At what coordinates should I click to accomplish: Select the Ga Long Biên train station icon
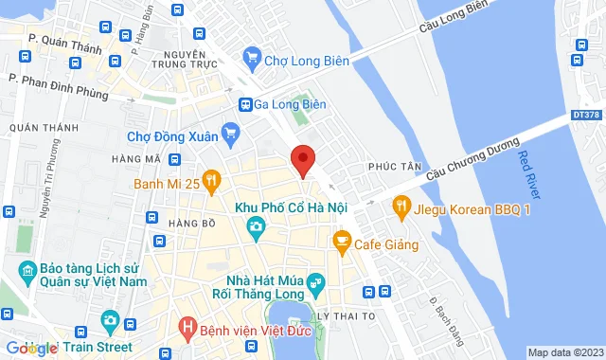pos(245,105)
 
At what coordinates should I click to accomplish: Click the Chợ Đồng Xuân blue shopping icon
pos(228,132)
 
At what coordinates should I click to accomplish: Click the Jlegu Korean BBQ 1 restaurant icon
pos(401,204)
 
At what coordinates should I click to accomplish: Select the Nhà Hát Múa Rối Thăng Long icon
pos(316,280)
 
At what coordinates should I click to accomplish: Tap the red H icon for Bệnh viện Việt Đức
pos(187,330)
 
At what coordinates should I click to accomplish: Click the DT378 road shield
pos(586,115)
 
